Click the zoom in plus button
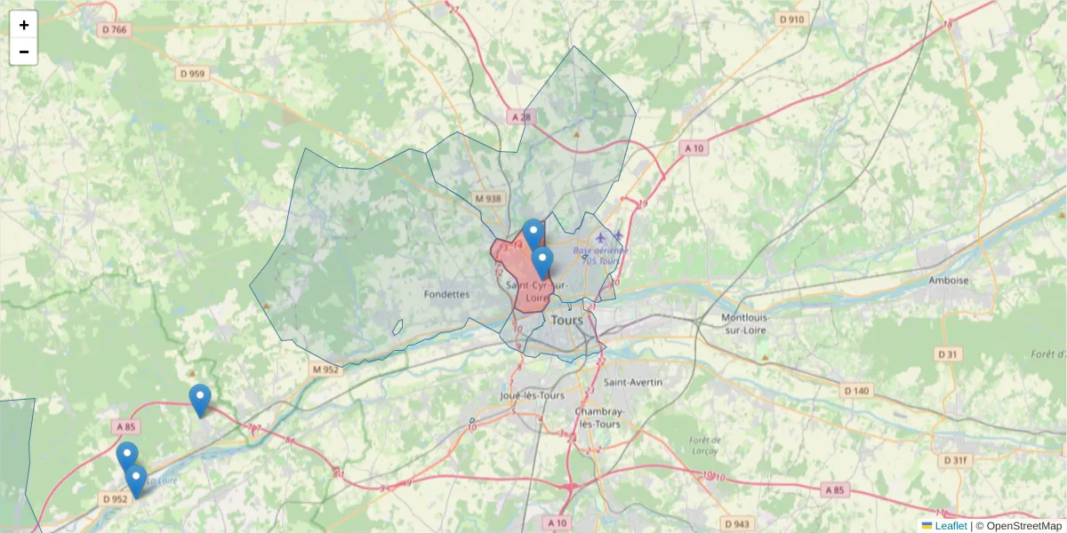point(24,25)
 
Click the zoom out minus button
point(24,52)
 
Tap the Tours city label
point(566,320)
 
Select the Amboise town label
point(948,280)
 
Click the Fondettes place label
point(446,294)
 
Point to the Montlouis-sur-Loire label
point(744,323)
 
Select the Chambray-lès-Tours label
point(598,418)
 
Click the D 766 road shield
point(115,30)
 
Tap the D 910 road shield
point(790,19)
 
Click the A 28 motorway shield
point(521,117)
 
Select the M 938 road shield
point(488,199)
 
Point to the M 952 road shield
point(325,370)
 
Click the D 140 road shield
point(857,391)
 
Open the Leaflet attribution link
point(951,526)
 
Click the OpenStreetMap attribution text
point(1023,526)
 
